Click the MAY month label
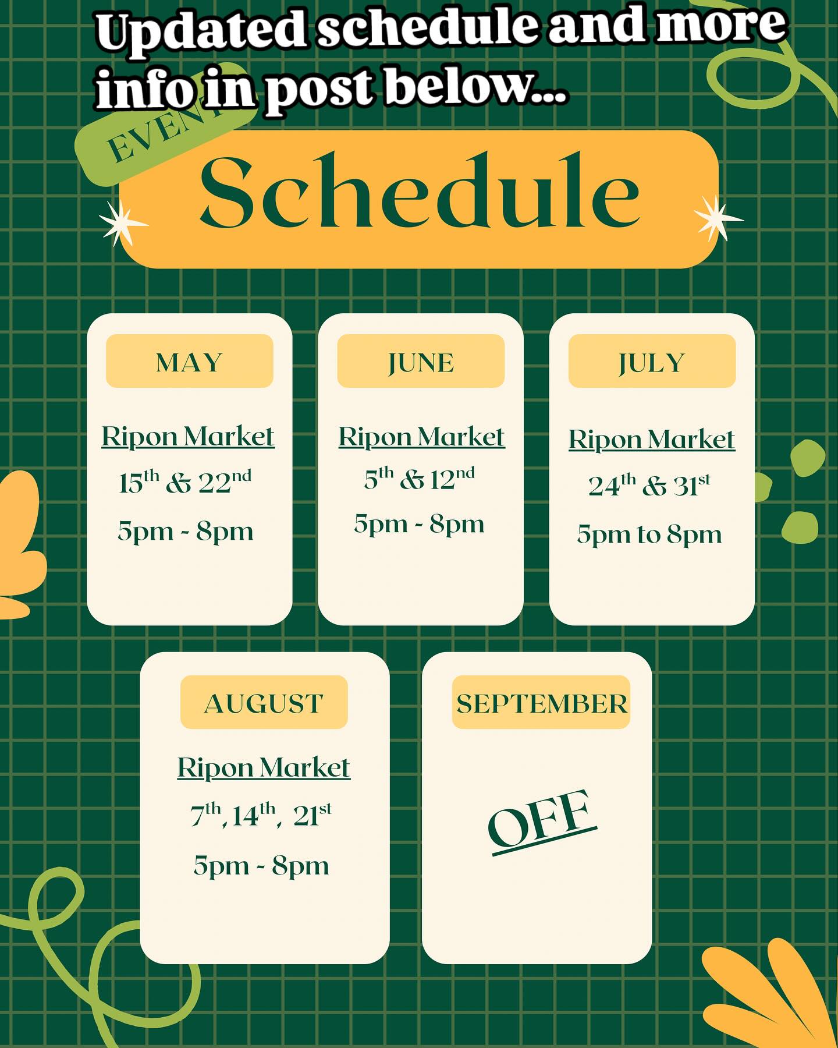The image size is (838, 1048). click(189, 363)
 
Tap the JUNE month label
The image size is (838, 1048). click(421, 363)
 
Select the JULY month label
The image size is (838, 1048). click(652, 363)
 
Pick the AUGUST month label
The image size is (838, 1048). click(264, 703)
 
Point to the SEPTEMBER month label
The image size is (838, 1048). click(542, 703)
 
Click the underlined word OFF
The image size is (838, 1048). click(542, 822)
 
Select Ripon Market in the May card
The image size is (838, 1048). click(188, 436)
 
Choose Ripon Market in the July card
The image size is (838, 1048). click(652, 439)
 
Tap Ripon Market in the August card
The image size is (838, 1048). click(264, 767)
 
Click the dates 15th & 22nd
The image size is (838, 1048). click(185, 481)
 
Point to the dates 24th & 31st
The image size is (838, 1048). click(649, 485)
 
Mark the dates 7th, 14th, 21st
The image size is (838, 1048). click(261, 815)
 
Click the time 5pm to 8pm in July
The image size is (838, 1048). click(649, 534)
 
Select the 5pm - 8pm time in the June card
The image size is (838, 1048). click(419, 524)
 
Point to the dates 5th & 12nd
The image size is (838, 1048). click(419, 479)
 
